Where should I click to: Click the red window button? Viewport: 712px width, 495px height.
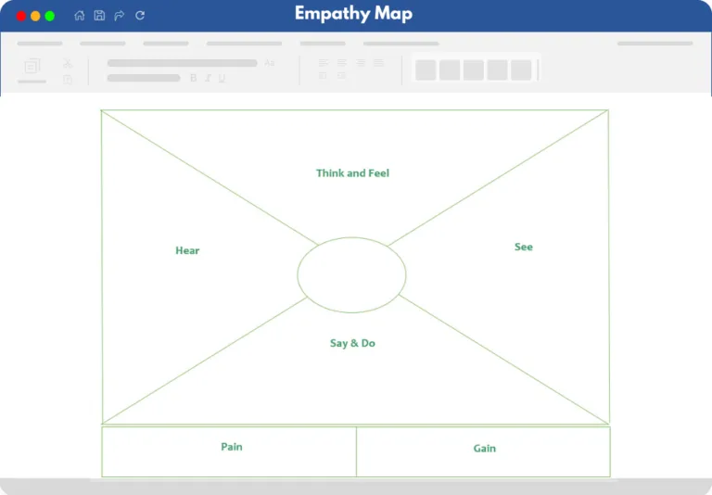(21, 17)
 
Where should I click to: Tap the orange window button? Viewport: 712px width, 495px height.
(35, 17)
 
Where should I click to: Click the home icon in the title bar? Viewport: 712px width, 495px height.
(80, 16)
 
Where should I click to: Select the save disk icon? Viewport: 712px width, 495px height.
(99, 16)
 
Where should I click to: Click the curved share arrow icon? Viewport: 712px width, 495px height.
(120, 16)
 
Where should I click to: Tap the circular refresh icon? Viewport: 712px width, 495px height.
(140, 16)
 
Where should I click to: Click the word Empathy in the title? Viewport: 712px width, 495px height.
(332, 14)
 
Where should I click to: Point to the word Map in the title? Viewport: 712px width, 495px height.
(394, 14)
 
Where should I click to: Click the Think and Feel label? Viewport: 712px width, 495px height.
(353, 173)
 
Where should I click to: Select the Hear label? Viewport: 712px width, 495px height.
(187, 250)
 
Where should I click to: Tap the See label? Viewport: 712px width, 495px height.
(524, 247)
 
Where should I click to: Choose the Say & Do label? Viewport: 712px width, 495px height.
(353, 343)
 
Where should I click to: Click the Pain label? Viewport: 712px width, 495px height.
(232, 447)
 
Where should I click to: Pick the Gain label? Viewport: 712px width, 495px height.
(485, 449)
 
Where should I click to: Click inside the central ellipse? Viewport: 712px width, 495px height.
(351, 274)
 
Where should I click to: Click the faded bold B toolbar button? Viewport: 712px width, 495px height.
(194, 78)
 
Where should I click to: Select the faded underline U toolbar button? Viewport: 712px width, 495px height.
(222, 78)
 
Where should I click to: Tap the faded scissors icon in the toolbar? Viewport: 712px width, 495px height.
(68, 64)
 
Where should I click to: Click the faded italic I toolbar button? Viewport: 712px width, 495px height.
(208, 78)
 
